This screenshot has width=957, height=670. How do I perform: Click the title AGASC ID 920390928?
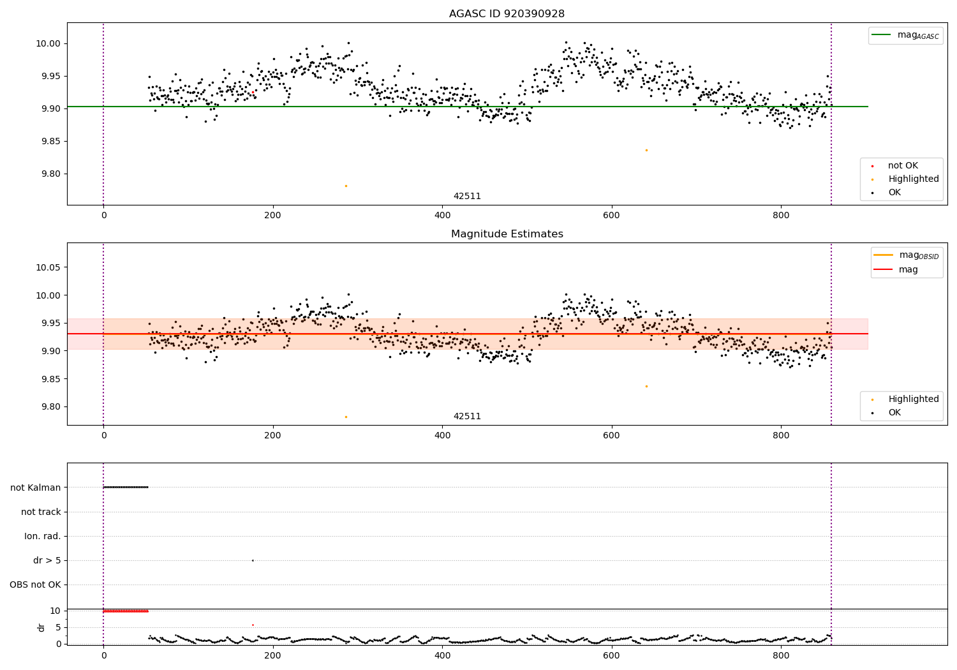[x=507, y=14]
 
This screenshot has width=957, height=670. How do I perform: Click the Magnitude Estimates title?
[x=507, y=234]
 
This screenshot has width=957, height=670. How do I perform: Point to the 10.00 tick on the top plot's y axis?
[x=48, y=44]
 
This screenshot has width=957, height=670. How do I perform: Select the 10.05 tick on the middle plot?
[x=48, y=267]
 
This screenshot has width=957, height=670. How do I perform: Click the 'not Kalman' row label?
[x=35, y=488]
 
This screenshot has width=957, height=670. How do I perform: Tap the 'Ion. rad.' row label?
[x=42, y=536]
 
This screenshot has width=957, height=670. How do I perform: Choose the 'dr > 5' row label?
[x=47, y=560]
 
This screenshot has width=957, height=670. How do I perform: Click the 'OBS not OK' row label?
[x=35, y=584]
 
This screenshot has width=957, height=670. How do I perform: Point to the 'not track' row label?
[x=41, y=512]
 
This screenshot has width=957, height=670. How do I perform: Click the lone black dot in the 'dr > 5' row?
[x=253, y=560]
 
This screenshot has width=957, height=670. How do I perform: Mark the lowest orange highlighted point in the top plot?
[x=346, y=186]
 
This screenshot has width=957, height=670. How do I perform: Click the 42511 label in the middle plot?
[x=467, y=417]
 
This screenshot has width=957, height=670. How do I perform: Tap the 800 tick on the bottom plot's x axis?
[x=781, y=655]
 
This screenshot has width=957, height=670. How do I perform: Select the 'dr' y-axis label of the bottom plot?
[x=41, y=627]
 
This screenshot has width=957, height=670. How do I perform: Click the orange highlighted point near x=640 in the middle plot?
[x=646, y=386]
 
